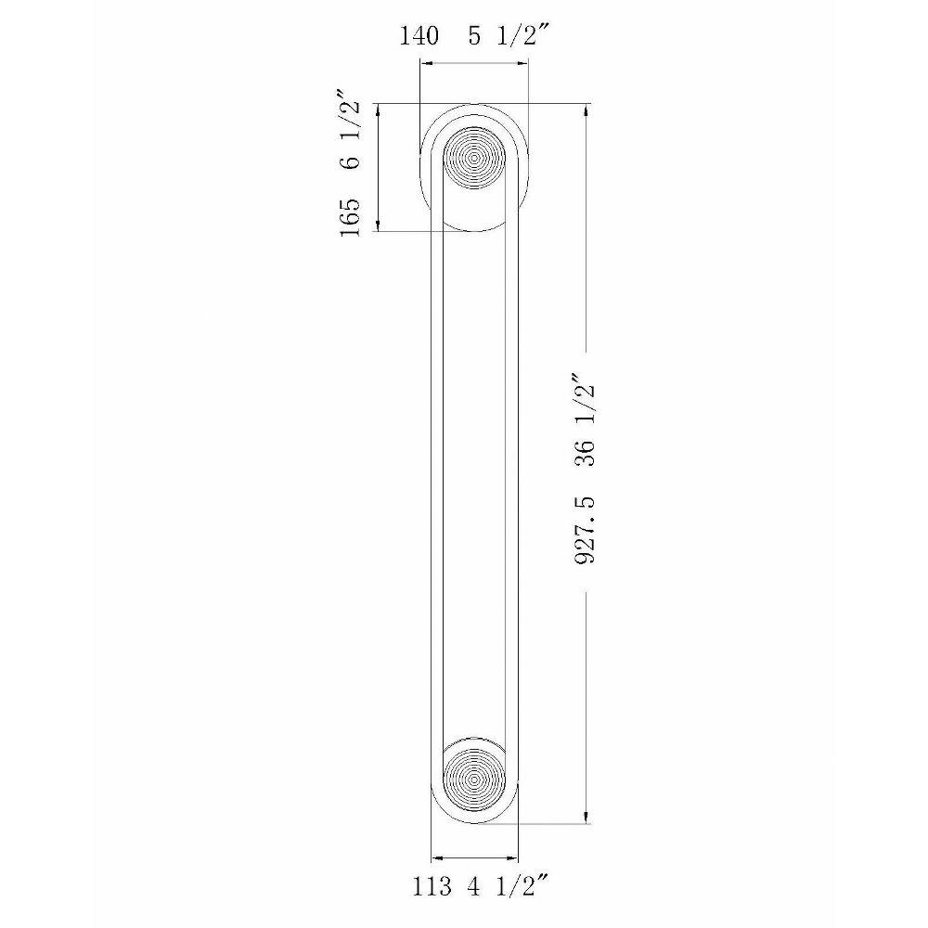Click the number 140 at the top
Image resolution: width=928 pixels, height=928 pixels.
point(419,36)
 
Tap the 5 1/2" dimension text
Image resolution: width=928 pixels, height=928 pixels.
point(502,36)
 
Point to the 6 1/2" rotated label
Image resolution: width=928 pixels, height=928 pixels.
point(348,130)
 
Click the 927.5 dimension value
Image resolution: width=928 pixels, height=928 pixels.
point(585,530)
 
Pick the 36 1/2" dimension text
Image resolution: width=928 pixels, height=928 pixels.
point(584,420)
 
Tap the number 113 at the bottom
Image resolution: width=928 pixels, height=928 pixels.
point(432,887)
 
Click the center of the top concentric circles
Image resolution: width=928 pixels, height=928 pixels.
point(474,158)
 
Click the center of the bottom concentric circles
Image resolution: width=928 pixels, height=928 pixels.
point(474,780)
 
